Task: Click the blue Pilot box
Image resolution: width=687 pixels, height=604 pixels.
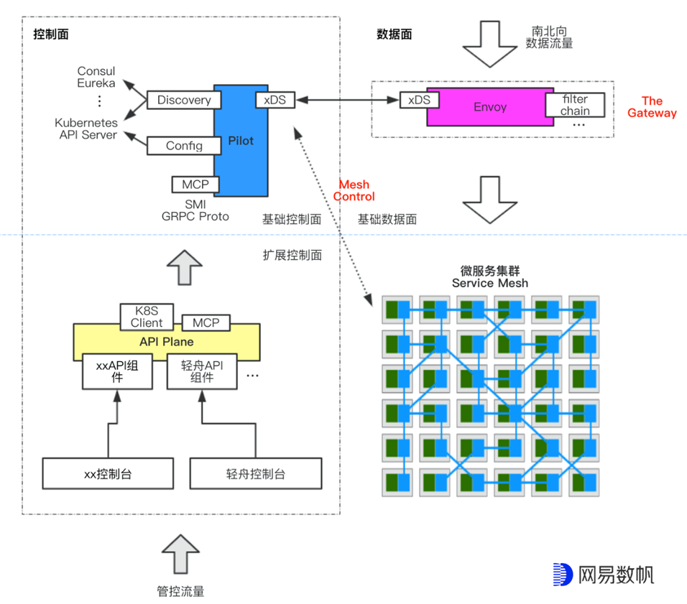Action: click(x=240, y=141)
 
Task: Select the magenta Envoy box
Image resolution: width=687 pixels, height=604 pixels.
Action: click(x=489, y=107)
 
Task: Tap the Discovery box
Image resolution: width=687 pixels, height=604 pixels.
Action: click(x=184, y=100)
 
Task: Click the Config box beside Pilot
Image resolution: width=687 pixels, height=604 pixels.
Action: click(x=184, y=146)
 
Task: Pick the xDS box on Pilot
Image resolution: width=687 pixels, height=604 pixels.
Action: click(x=275, y=100)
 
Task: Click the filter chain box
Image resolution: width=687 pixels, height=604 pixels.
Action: click(x=575, y=105)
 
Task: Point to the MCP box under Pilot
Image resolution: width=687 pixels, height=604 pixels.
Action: click(x=195, y=185)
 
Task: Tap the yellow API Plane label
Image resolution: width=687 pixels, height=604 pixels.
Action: click(x=167, y=342)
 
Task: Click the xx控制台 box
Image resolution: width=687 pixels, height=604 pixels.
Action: click(x=108, y=474)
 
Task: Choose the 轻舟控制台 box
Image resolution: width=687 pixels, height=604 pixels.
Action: click(x=255, y=474)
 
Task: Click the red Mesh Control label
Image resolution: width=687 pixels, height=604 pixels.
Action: click(x=356, y=191)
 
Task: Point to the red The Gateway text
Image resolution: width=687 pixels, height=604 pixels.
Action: click(x=652, y=107)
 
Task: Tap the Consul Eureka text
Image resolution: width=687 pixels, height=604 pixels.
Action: click(x=96, y=78)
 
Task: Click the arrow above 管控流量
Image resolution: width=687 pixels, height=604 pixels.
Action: click(x=180, y=555)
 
